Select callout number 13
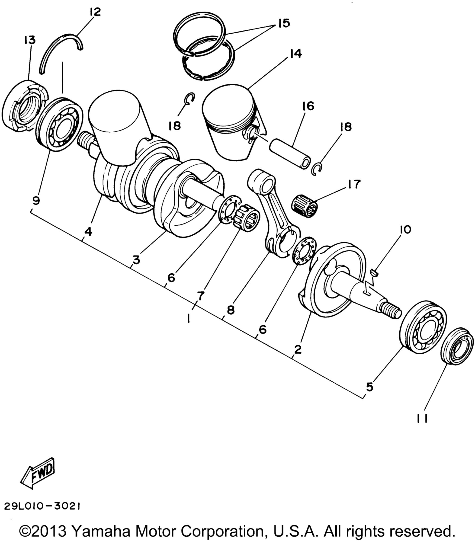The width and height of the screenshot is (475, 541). tap(30, 41)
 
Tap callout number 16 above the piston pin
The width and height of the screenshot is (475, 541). tap(308, 106)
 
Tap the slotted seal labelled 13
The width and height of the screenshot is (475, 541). tap(25, 106)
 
